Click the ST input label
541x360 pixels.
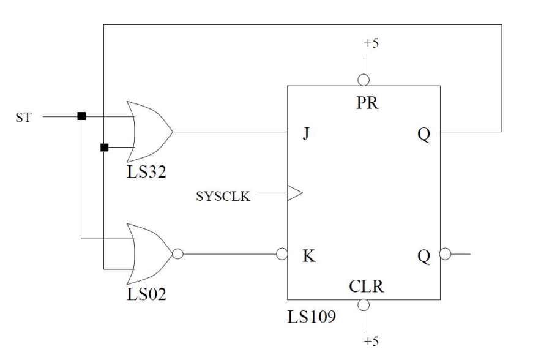23,116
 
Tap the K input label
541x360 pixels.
309,256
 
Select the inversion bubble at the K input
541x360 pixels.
283,253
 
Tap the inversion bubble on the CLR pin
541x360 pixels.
364,305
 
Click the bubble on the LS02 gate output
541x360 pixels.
177,253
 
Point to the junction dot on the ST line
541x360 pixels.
81,116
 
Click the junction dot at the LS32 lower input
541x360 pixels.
104,148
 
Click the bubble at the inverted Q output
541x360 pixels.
445,253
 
